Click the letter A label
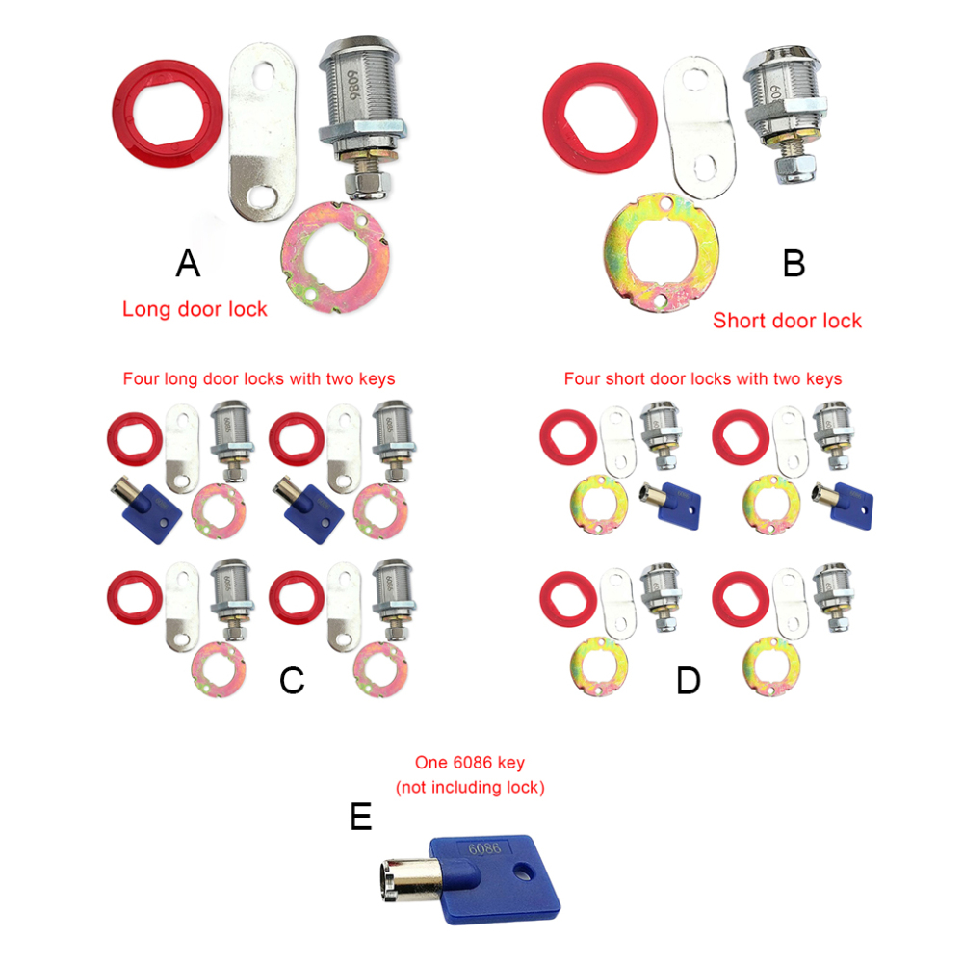[188, 263]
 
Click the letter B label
[794, 263]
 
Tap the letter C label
[292, 681]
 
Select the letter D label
[688, 681]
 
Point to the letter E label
[360, 818]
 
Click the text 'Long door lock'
[195, 309]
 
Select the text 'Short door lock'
[787, 321]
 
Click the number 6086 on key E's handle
[483, 849]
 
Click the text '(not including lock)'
[470, 787]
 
